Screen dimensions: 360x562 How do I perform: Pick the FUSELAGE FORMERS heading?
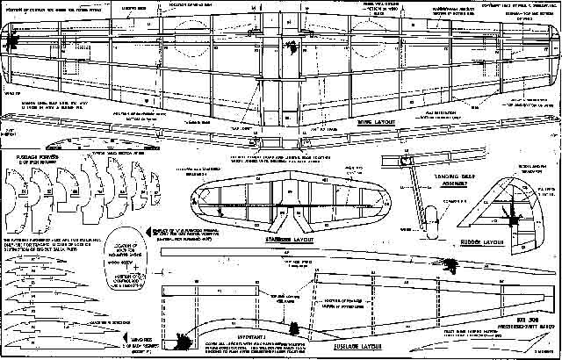(26, 161)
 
